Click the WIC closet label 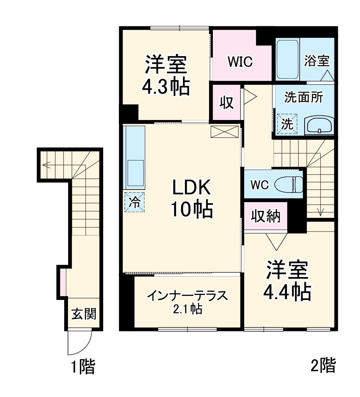point(240,62)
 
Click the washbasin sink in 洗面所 point(319,125)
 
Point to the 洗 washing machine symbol point(287,124)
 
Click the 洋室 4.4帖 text point(286,281)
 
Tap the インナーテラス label point(187,296)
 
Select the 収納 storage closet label point(266,216)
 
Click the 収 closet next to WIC point(226,103)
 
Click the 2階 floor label point(323,365)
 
